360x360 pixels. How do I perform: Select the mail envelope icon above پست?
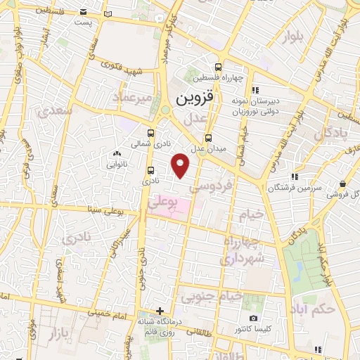pyautogui.click(x=84, y=12)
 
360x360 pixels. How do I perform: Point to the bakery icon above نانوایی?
pyautogui.click(x=116, y=154)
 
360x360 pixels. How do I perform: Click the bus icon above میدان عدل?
pyautogui.click(x=208, y=138)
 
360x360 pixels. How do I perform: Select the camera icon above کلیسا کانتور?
pyautogui.click(x=253, y=319)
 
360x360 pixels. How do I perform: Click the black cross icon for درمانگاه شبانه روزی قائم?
pyautogui.click(x=160, y=311)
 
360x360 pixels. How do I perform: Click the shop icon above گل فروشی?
pyautogui.click(x=342, y=184)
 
